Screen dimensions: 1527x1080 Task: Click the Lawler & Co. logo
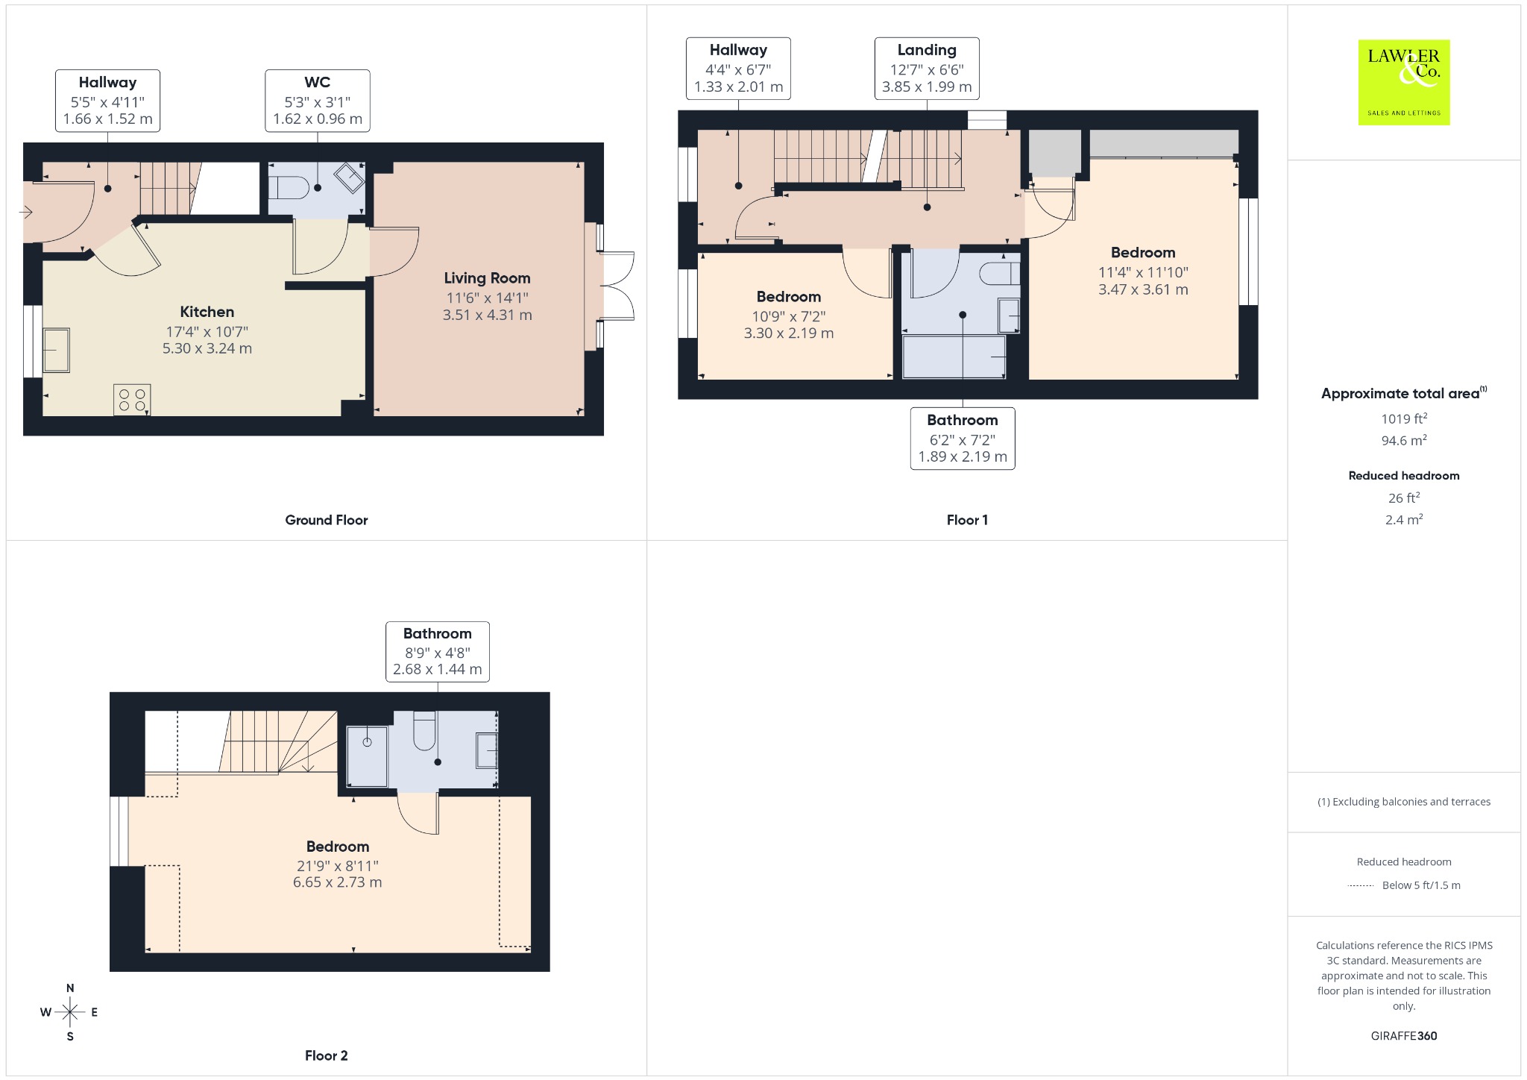[x=1403, y=82]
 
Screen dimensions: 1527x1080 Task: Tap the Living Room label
[x=487, y=278]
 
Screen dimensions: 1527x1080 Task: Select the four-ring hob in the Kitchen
[x=132, y=400]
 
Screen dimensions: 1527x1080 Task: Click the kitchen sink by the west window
[x=56, y=350]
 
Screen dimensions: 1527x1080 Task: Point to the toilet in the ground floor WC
[x=289, y=187]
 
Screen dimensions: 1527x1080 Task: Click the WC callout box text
[x=318, y=101]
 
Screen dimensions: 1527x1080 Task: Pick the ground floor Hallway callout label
[x=108, y=101]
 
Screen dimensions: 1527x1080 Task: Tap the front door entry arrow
[x=26, y=213]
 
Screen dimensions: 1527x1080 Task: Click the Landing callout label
[x=927, y=69]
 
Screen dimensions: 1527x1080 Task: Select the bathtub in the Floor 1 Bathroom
[x=954, y=357]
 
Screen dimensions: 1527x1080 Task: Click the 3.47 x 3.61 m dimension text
[x=1143, y=289]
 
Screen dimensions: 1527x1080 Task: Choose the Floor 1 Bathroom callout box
[x=963, y=439]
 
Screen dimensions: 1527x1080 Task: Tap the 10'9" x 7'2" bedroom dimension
[x=789, y=316]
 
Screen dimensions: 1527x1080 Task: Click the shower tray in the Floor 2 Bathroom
[x=367, y=756]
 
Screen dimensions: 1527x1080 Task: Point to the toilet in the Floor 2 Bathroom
[x=424, y=730]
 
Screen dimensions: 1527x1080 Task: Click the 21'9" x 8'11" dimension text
[x=338, y=866]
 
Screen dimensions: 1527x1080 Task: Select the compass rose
[x=70, y=1012]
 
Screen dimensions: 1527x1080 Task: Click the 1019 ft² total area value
[x=1404, y=418]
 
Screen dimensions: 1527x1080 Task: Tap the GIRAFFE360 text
[x=1404, y=1036]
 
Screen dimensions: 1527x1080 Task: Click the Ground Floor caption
[x=327, y=520]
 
